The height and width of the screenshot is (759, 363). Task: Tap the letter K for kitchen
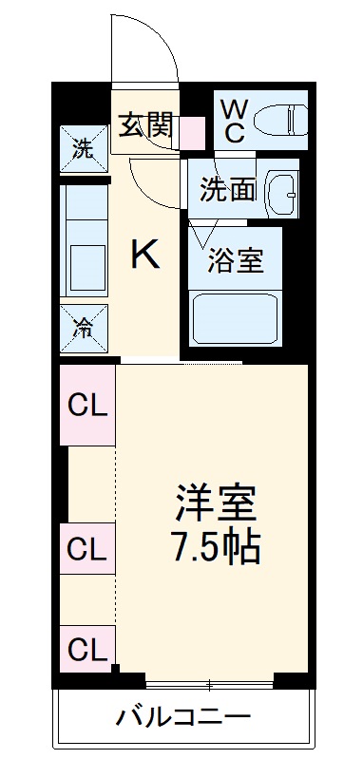tap(144, 254)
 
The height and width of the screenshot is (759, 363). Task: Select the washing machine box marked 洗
tap(85, 150)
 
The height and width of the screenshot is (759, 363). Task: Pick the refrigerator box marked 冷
tap(85, 329)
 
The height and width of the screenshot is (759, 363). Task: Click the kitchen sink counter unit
tap(85, 242)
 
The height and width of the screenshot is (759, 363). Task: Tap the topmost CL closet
tap(87, 406)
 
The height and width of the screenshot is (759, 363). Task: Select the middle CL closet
tap(87, 549)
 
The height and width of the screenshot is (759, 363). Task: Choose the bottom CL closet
tap(87, 651)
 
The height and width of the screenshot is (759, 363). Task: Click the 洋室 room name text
tap(216, 501)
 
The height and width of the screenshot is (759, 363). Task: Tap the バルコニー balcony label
tap(183, 716)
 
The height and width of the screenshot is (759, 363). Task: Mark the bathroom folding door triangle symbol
tap(201, 234)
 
